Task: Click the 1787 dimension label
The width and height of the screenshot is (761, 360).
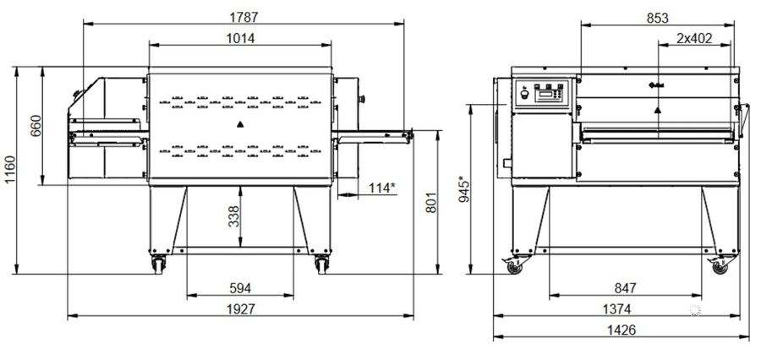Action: tap(244, 17)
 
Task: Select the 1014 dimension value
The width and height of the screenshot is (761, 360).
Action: tap(240, 38)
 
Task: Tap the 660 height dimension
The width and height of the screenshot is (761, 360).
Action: tap(36, 126)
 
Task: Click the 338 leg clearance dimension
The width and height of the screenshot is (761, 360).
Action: tap(234, 216)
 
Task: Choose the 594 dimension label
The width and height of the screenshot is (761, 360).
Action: tap(240, 288)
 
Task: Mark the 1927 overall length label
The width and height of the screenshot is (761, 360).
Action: tap(241, 309)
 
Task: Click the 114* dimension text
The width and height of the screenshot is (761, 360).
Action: tap(382, 188)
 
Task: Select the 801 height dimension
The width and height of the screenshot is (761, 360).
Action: tap(431, 203)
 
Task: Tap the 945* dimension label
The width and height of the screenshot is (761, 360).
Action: tap(464, 190)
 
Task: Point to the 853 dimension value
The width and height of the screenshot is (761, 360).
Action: tap(658, 18)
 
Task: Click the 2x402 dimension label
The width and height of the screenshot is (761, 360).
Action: tap(694, 38)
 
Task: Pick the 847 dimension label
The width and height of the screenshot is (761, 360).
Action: tap(625, 288)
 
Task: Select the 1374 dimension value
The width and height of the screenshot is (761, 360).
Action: tap(617, 309)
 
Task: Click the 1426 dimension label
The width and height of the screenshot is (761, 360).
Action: tap(621, 330)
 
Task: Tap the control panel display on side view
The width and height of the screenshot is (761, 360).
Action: tap(545, 94)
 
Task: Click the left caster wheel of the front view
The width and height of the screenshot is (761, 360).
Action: tap(158, 265)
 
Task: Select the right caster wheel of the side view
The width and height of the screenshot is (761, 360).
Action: tap(720, 267)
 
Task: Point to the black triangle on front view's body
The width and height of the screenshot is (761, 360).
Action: tap(240, 124)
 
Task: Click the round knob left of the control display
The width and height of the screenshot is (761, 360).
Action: tap(524, 95)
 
